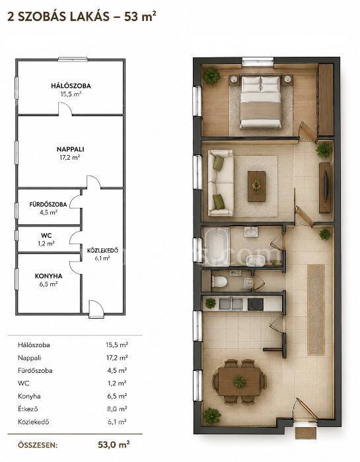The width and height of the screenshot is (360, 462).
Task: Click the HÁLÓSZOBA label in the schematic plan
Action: tap(71, 86)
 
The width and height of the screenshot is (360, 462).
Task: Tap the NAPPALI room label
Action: tap(70, 149)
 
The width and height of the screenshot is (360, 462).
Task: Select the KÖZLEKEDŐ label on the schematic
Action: tap(102, 251)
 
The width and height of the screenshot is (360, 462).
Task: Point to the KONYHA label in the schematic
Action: tap(49, 276)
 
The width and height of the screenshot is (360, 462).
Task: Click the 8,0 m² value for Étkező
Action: tap(118, 409)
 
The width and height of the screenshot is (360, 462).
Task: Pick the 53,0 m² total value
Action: tap(114, 444)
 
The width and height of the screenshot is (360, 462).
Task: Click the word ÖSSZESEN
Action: tap(38, 445)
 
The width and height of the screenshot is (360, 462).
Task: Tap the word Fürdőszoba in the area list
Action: tap(35, 370)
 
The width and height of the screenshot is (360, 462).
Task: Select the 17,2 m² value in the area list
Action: tap(117, 358)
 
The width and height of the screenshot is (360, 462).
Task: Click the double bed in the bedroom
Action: tap(260, 102)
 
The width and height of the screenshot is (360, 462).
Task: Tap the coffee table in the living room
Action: tap(256, 186)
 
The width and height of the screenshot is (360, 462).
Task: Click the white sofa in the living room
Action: tap(221, 183)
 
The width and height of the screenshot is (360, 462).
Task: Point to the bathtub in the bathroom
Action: tap(216, 246)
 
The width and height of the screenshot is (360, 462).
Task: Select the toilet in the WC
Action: tap(219, 282)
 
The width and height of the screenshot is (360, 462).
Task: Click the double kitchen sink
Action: tap(231, 304)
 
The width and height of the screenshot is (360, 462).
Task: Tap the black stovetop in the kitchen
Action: tap(256, 304)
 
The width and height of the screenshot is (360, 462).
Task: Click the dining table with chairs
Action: tap(239, 381)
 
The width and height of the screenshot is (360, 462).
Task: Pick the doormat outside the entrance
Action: tap(306, 432)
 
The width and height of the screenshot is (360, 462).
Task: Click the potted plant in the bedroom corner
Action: tap(211, 76)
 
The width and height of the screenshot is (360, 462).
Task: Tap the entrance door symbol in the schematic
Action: tap(96, 308)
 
